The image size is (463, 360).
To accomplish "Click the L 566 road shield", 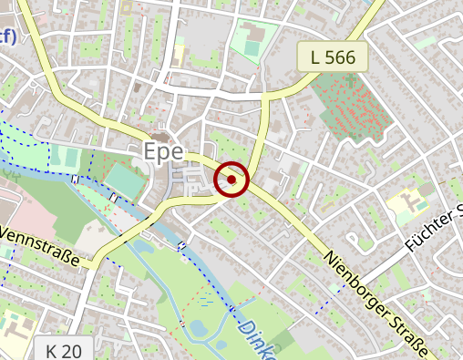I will tap(333, 57).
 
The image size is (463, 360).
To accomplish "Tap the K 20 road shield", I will tap(64, 349).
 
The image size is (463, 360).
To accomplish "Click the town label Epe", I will tap(164, 151).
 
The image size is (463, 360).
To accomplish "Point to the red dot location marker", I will tap(231, 180).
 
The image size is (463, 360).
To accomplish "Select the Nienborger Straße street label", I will tap(376, 295).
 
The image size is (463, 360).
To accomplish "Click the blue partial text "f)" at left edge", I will tap(7, 36).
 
